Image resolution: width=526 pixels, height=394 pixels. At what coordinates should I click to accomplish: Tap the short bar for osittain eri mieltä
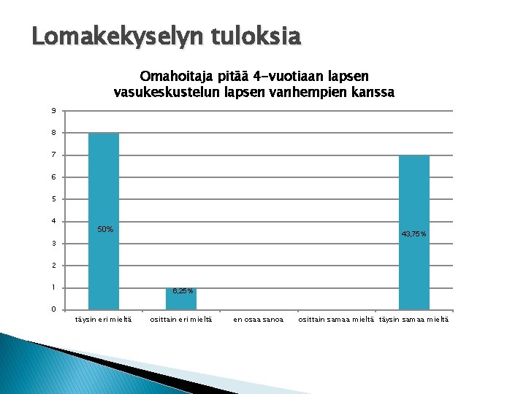[x=180, y=299]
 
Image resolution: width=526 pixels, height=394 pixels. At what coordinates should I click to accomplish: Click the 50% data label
[x=105, y=230]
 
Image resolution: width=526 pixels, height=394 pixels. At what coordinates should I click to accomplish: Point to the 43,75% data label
[x=414, y=233]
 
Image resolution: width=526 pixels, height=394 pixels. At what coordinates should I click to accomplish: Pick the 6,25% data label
[x=183, y=291]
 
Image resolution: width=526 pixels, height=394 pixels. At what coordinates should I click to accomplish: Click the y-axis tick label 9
[x=53, y=111]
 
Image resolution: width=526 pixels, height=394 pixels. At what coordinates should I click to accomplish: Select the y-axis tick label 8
[x=53, y=133]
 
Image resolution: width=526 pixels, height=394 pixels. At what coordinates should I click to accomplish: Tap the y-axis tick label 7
[x=53, y=155]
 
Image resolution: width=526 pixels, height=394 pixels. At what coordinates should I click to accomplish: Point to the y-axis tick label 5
[x=53, y=199]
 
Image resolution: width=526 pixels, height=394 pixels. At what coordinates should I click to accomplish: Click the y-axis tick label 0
[x=53, y=309]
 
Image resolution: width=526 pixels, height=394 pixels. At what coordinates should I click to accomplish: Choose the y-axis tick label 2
[x=53, y=266]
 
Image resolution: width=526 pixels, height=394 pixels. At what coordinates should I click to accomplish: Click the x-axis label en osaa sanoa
[x=258, y=320]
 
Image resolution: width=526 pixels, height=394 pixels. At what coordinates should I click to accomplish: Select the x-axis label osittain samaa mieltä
[x=335, y=320]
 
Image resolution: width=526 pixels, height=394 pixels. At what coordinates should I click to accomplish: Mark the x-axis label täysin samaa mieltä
[x=414, y=320]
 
